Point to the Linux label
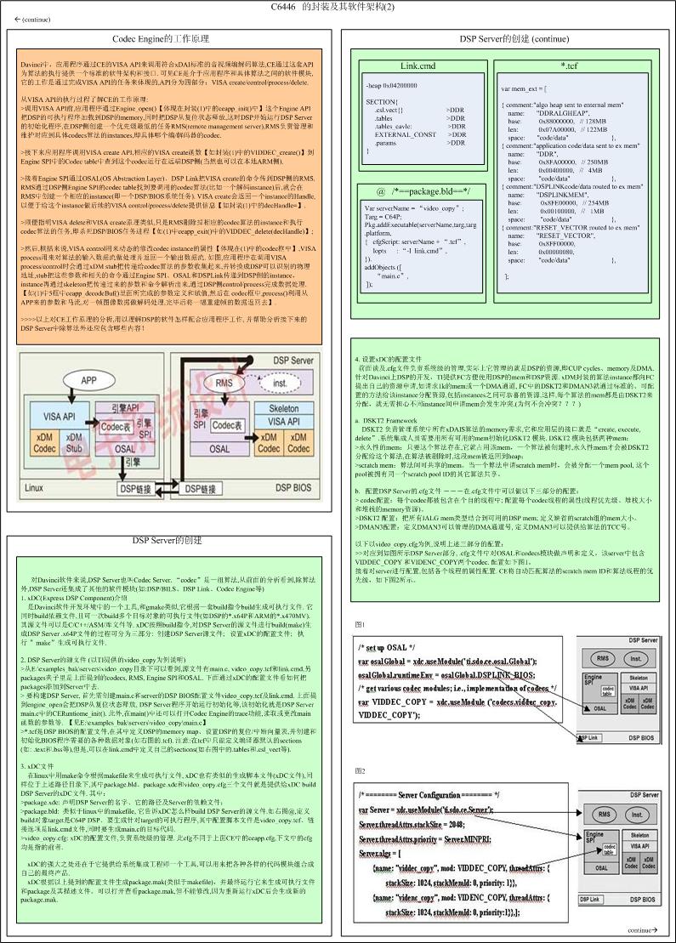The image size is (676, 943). click(34, 488)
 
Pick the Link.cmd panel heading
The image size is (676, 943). click(418, 65)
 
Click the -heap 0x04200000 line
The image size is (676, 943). click(392, 86)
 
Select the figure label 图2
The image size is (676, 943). click(361, 770)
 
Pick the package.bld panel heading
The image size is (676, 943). click(418, 191)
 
